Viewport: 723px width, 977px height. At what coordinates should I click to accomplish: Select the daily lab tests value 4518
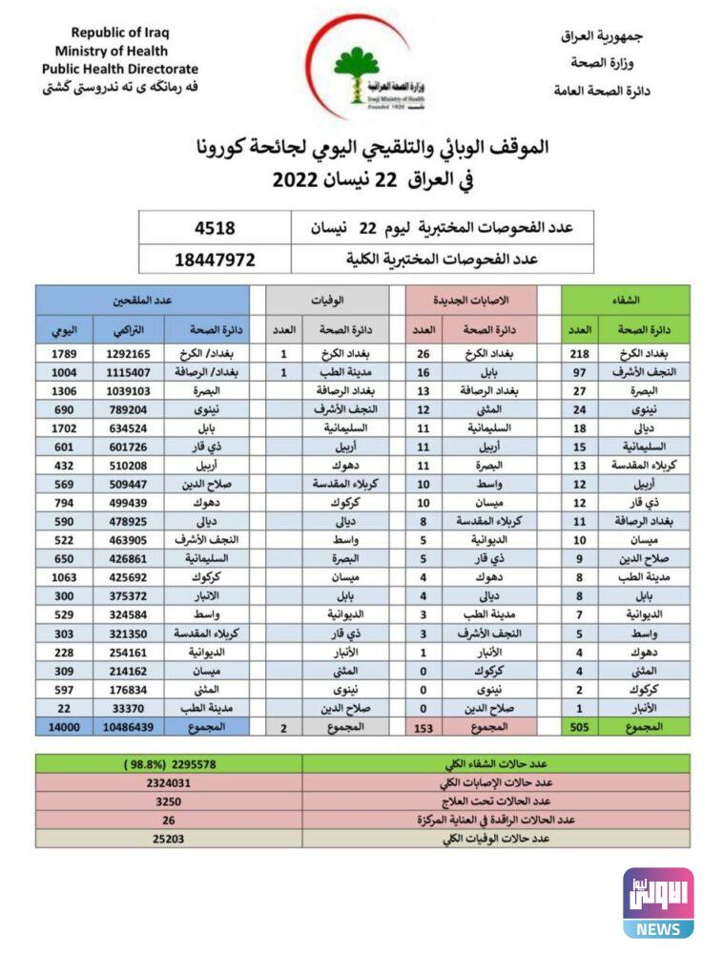tap(215, 228)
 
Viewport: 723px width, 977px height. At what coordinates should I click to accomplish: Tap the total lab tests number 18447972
tap(215, 259)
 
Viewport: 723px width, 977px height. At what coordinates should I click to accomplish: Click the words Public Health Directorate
tap(120, 69)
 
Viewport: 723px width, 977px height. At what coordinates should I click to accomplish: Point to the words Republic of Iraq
tap(120, 32)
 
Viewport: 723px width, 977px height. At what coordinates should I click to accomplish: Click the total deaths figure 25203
tap(169, 839)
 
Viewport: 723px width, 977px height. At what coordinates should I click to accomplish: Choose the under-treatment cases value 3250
tap(169, 801)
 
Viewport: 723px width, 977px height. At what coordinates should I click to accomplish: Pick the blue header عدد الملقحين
tap(142, 299)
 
